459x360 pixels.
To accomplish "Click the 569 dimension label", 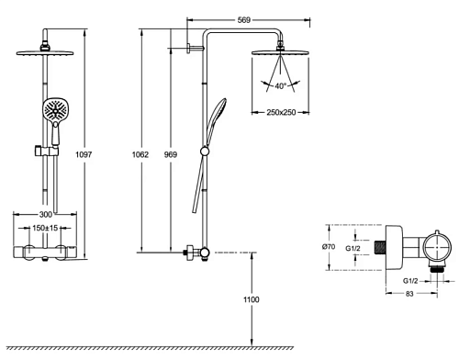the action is point(244,20).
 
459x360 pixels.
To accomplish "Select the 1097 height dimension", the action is point(84,154).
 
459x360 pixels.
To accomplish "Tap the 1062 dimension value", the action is point(140,154).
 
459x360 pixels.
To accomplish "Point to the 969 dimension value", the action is point(171,154).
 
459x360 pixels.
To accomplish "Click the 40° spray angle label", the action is point(280,86).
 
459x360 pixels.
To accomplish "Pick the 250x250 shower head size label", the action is point(281,112).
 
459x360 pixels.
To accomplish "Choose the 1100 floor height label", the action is point(252,299).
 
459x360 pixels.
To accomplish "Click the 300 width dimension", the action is point(46,215).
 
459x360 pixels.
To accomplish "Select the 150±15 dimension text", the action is point(45,228).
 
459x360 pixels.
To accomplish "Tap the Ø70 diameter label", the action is point(329,246).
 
